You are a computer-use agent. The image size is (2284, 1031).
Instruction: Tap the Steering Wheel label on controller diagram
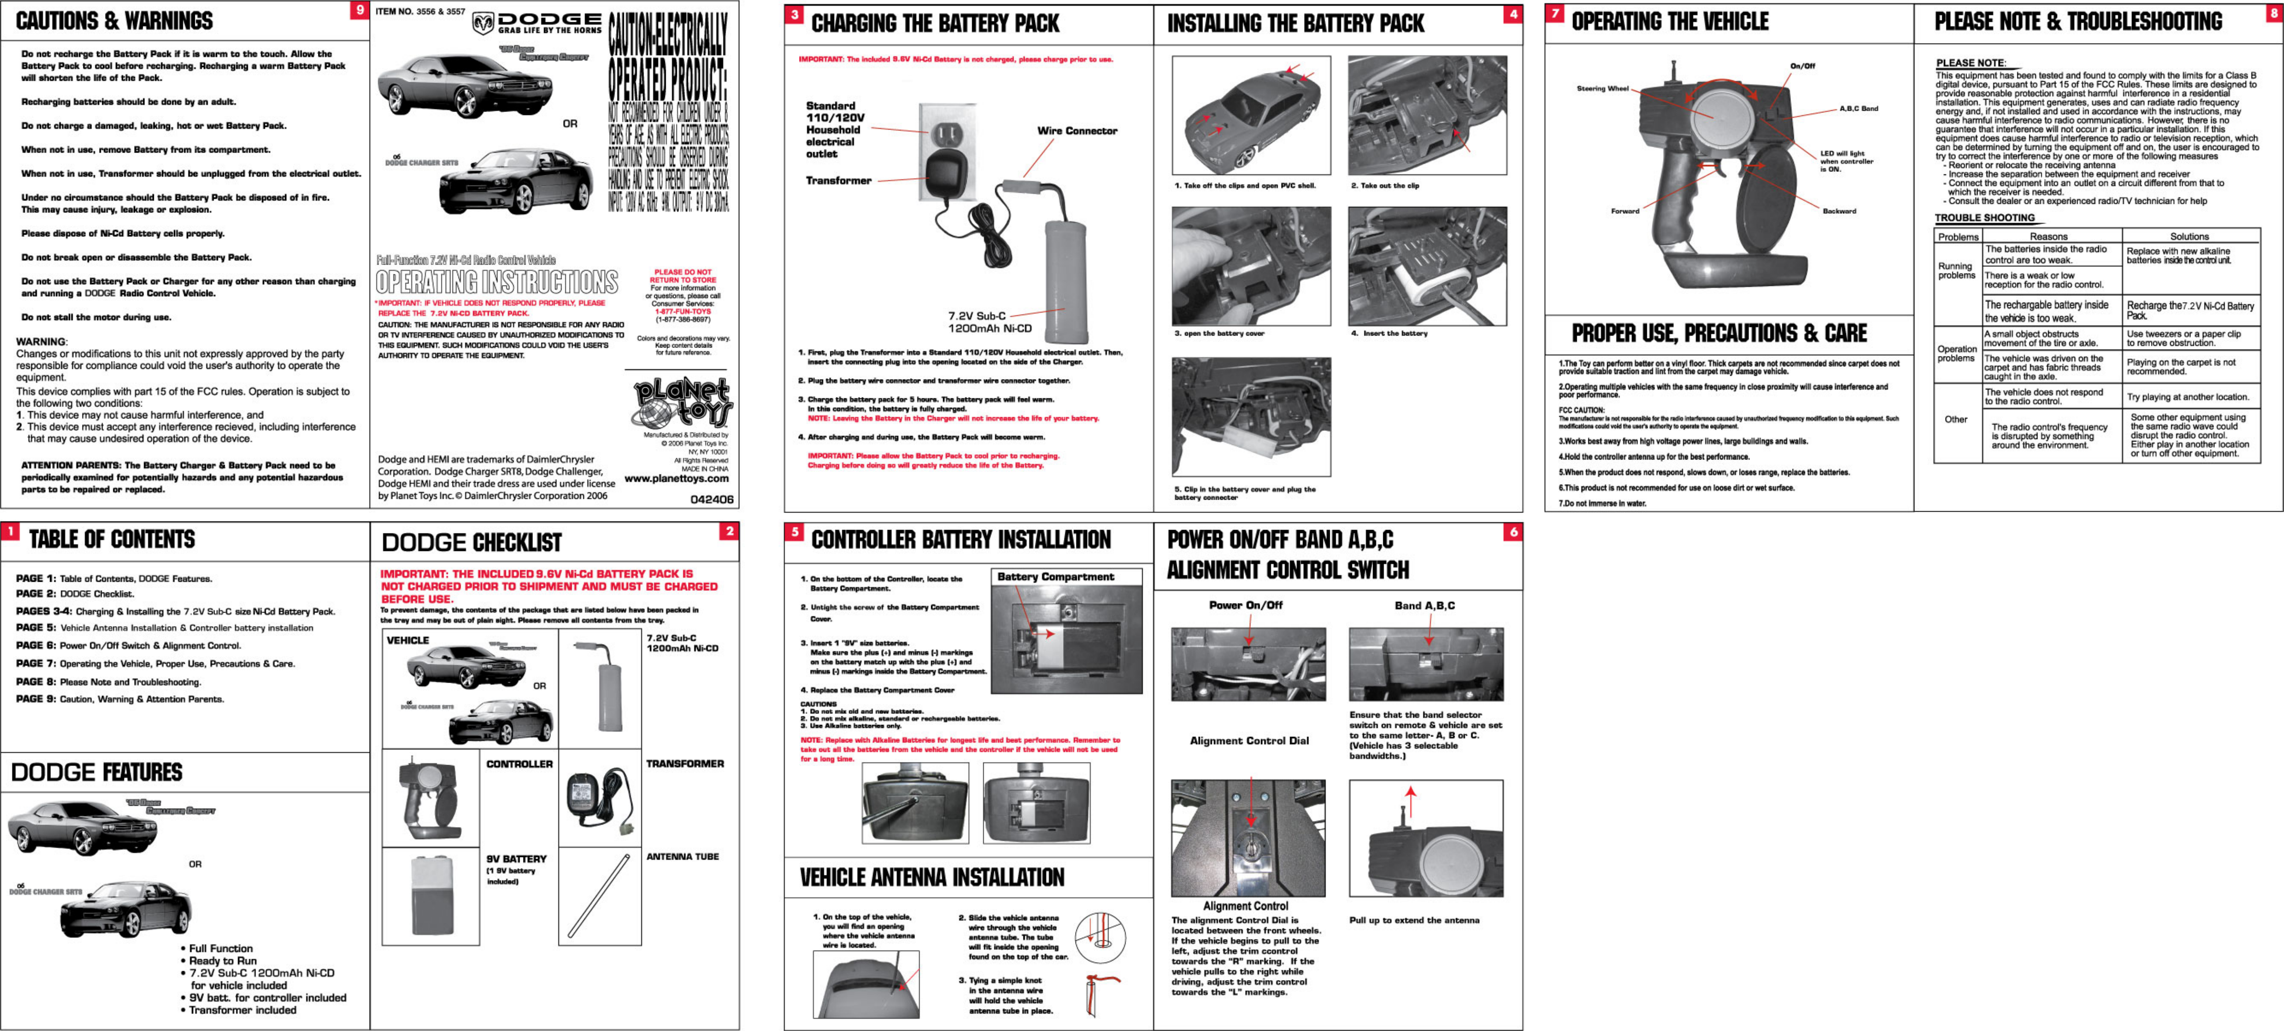[1602, 89]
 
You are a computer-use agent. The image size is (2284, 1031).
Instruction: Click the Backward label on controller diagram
[1839, 211]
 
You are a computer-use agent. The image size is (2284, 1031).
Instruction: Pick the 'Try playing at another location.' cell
[2187, 397]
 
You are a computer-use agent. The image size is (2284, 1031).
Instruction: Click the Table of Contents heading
[112, 539]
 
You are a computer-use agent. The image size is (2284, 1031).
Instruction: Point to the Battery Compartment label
[1055, 577]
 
